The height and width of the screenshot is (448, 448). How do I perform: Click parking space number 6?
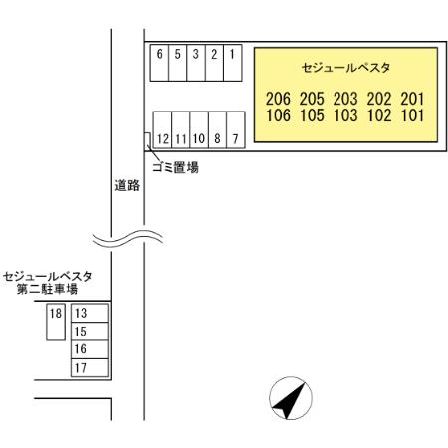[x=159, y=63]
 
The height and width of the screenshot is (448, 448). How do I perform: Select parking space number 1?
[x=233, y=63]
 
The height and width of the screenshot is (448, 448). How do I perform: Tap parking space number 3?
[x=196, y=63]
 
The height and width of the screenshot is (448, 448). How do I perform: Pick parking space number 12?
[x=162, y=129]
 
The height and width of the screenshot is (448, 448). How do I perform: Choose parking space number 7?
[x=236, y=129]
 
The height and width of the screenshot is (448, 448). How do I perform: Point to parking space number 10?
[x=199, y=129]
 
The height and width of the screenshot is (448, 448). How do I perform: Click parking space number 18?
[x=56, y=322]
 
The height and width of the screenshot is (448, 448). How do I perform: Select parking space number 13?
[x=90, y=313]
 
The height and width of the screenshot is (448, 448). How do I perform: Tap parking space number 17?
[x=90, y=367]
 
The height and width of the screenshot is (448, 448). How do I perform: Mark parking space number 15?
[x=90, y=332]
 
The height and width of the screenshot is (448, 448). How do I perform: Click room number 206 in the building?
[x=278, y=99]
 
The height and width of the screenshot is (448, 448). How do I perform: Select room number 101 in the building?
[x=413, y=115]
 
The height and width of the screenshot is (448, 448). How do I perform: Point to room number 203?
[x=345, y=99]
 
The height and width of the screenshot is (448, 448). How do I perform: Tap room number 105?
[x=312, y=115]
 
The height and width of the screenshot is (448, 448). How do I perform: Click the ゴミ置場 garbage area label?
[x=175, y=167]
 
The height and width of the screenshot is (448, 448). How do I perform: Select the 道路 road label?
[x=127, y=185]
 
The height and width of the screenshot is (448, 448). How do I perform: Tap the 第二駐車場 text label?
[x=47, y=289]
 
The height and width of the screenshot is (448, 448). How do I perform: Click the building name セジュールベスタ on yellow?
[x=345, y=68]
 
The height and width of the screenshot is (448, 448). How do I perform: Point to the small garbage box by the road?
[x=147, y=139]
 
